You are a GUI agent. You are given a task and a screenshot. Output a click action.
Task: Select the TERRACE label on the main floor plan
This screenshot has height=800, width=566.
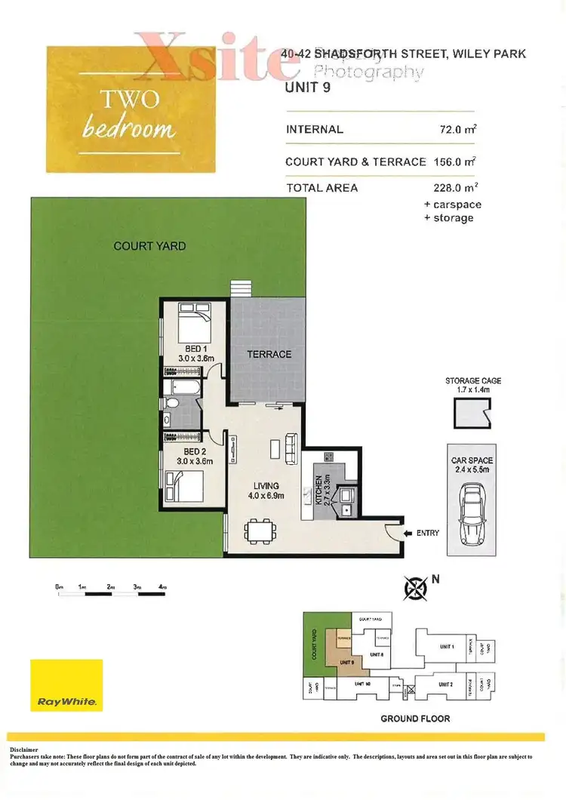pyautogui.click(x=269, y=354)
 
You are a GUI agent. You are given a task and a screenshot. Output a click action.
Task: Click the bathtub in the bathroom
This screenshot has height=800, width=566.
pyautogui.click(x=183, y=389)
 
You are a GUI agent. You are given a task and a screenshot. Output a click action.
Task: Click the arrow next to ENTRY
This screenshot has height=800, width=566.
pyautogui.click(x=408, y=533)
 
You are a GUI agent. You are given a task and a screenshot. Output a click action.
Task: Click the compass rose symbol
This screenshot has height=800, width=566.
pyautogui.click(x=414, y=586)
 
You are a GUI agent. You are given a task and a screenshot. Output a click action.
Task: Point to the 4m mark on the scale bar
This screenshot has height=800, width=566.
pyautogui.click(x=163, y=586)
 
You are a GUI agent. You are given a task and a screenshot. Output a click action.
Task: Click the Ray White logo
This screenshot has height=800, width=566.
pyautogui.click(x=66, y=685)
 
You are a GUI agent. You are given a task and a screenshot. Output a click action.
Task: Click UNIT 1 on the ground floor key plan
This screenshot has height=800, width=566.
pyautogui.click(x=447, y=647)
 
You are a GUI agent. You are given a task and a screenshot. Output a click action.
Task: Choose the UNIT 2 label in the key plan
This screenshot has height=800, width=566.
pyautogui.click(x=446, y=684)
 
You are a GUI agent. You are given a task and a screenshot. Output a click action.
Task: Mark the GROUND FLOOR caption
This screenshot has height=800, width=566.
pyautogui.click(x=415, y=718)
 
